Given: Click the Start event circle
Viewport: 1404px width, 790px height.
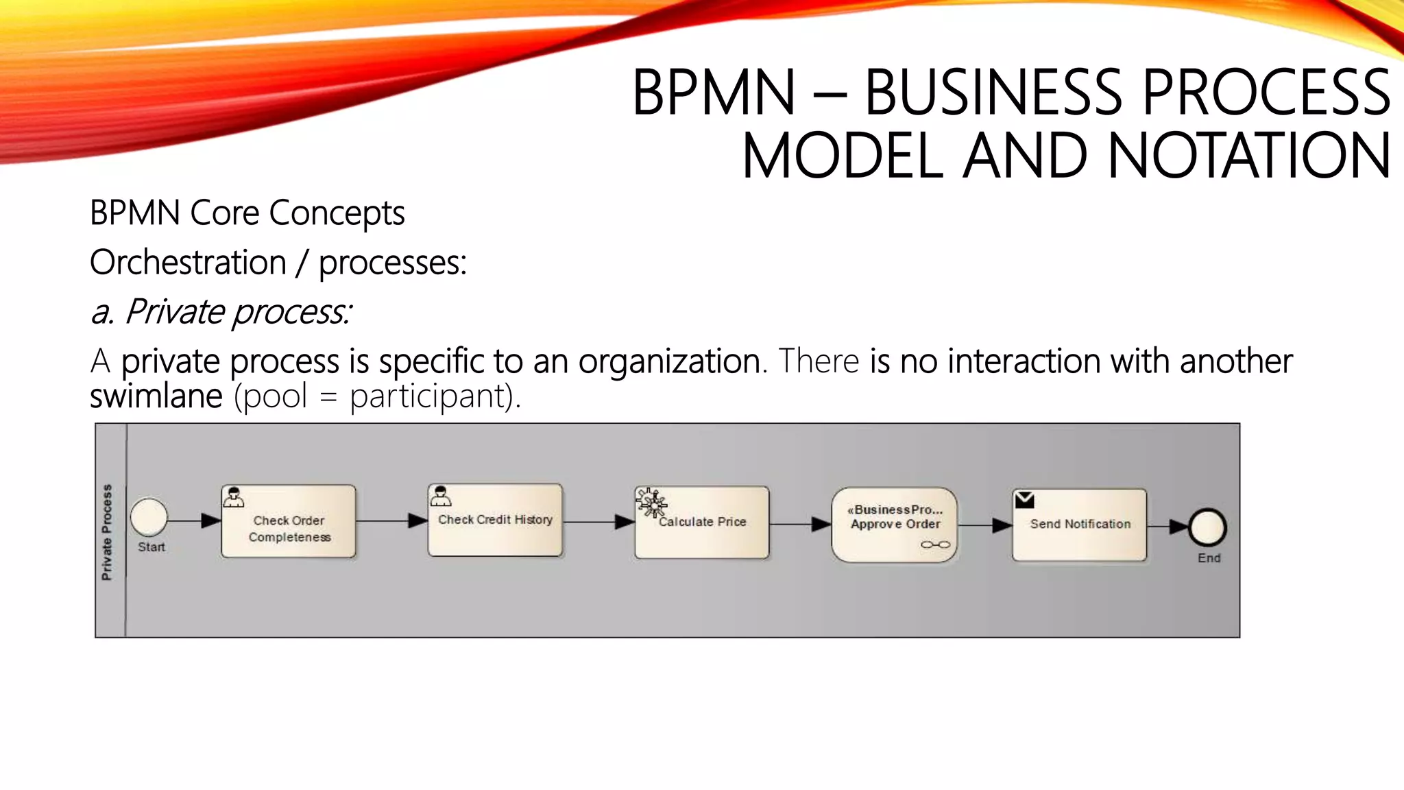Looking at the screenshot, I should [x=149, y=517].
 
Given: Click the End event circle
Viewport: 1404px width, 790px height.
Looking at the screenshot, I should [x=1208, y=527].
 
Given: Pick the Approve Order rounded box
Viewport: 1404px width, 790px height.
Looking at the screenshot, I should [x=895, y=525].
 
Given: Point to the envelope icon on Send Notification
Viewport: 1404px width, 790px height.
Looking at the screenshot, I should [x=1024, y=500].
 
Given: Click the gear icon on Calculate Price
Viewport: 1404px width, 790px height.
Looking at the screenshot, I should [x=651, y=503].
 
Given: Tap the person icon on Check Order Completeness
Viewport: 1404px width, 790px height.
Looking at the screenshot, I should [x=234, y=497].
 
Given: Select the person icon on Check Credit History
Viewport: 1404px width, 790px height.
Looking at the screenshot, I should [x=440, y=496].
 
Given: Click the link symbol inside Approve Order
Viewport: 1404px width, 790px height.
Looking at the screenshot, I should [x=935, y=544].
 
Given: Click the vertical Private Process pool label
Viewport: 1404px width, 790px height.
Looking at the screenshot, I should [x=107, y=531].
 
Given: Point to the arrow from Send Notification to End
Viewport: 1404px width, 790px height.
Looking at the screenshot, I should [x=1168, y=527].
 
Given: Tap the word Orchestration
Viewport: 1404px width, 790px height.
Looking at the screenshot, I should [x=188, y=263].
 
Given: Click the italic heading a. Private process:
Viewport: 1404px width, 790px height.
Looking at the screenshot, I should [x=221, y=312].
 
